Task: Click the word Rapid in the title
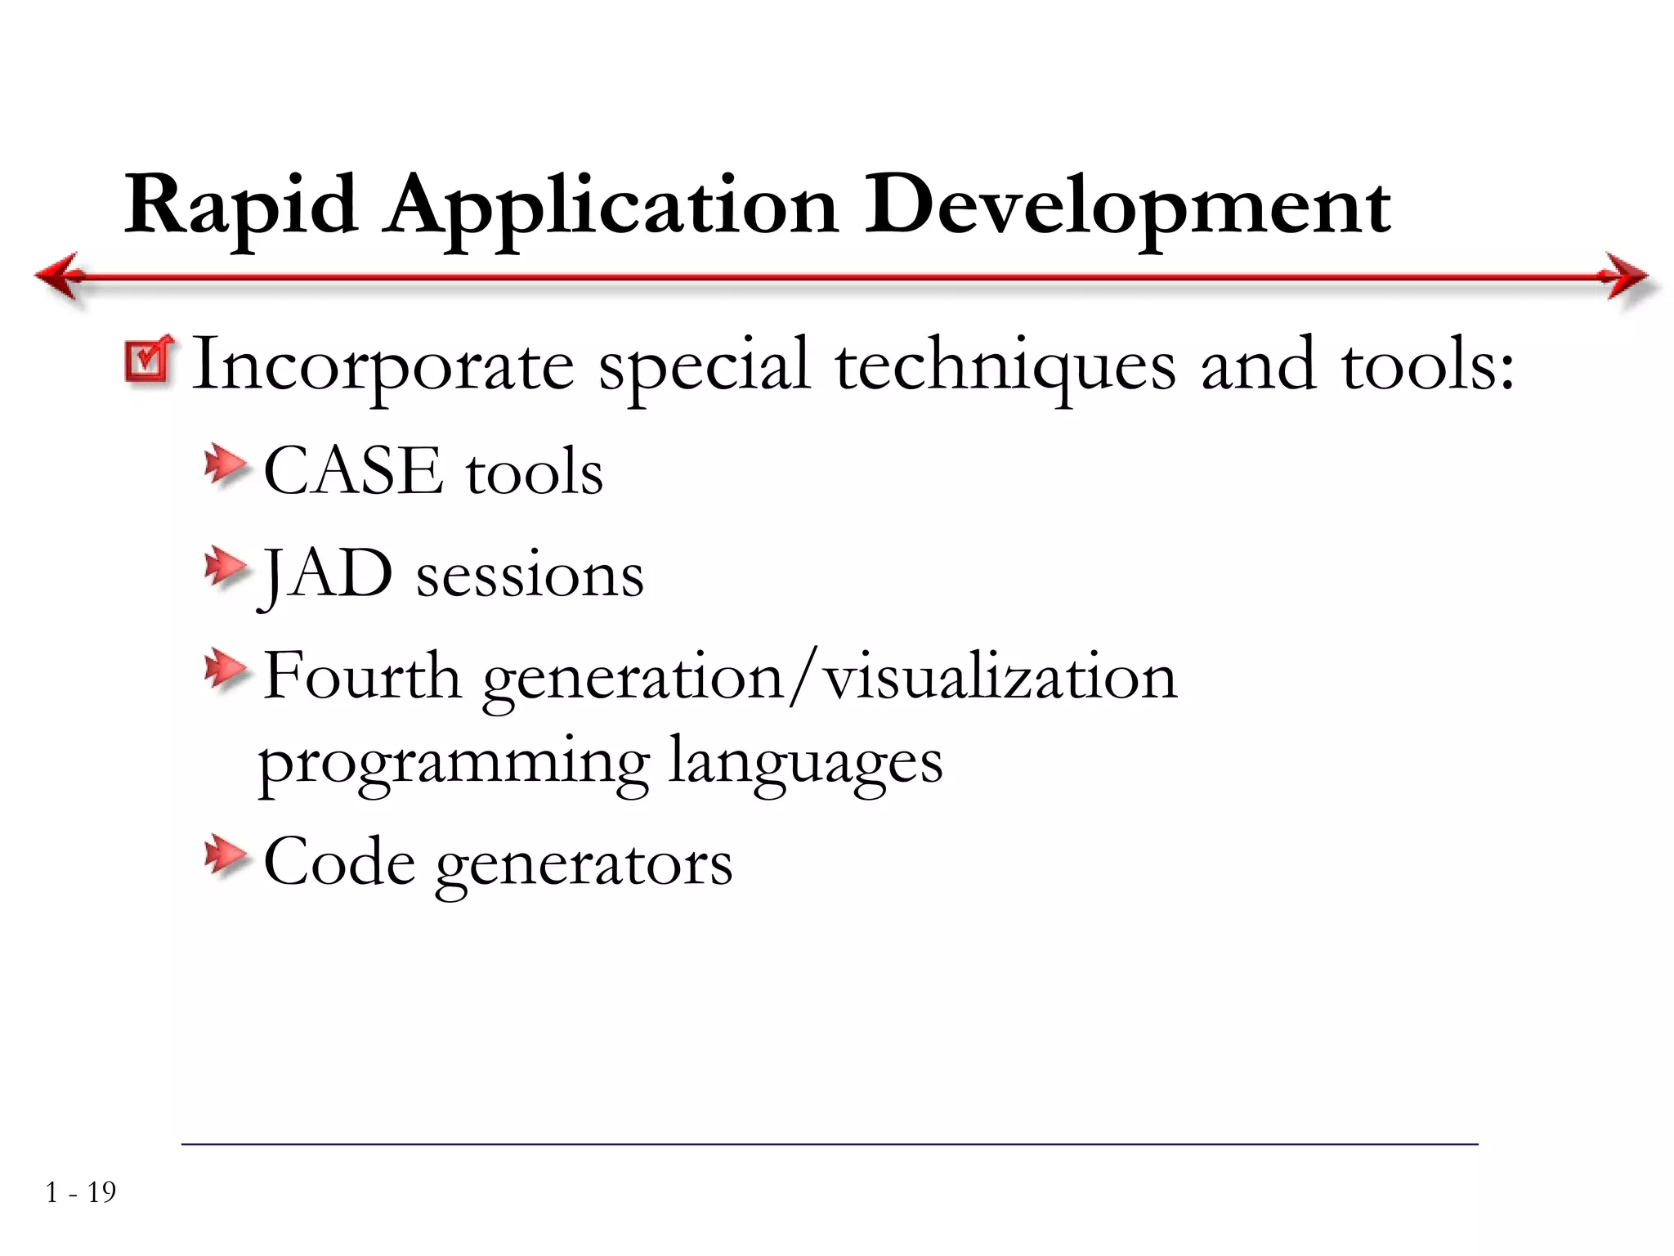click(x=241, y=206)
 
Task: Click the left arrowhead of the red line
click(x=57, y=276)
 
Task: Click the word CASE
click(x=352, y=471)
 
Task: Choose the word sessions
click(x=530, y=576)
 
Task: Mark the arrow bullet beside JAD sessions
click(x=225, y=567)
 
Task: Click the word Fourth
click(x=362, y=676)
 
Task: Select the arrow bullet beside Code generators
click(x=225, y=856)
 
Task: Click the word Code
click(x=339, y=862)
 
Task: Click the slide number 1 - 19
click(x=81, y=1192)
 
